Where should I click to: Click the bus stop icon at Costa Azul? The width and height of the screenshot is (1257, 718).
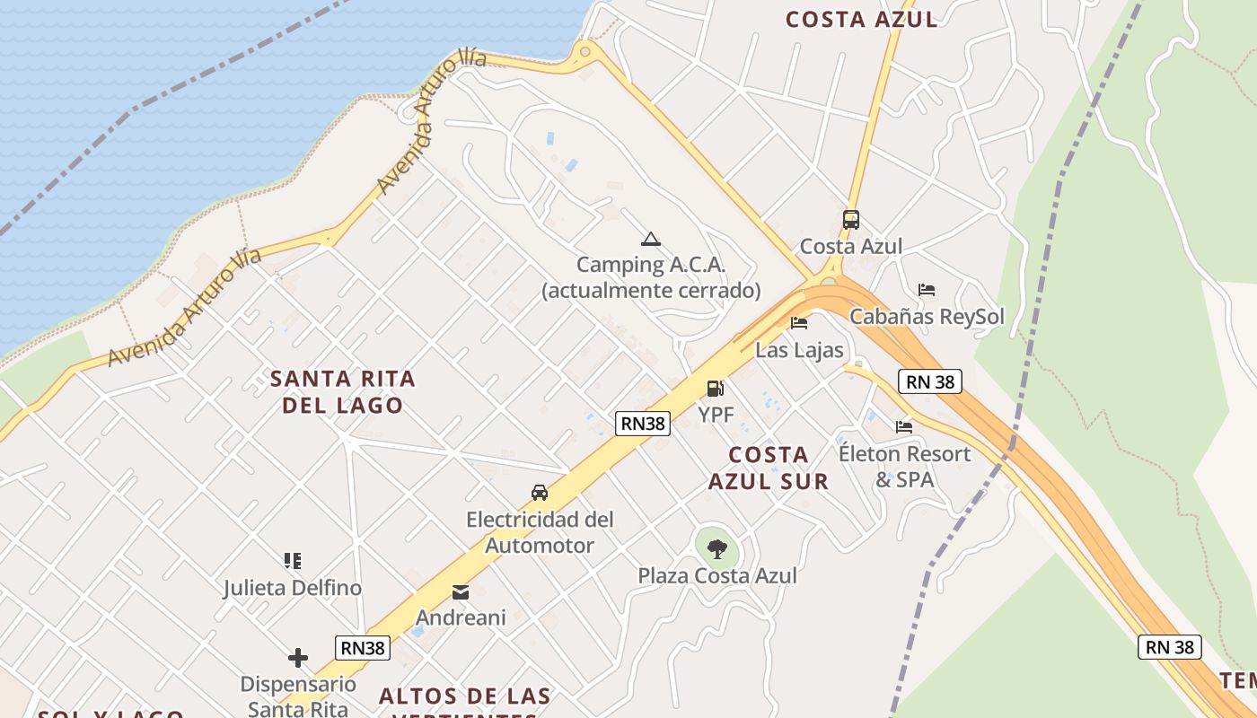point(850,219)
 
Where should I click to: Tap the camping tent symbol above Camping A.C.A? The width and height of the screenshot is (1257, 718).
point(651,239)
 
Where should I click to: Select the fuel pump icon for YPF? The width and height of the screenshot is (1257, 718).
point(716,389)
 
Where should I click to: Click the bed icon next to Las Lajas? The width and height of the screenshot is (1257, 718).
point(799,323)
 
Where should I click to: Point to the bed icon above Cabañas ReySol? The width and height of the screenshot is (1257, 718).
point(927,290)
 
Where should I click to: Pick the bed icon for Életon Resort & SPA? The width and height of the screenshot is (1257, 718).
point(904,427)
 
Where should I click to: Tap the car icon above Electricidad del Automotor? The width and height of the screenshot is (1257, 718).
point(540,493)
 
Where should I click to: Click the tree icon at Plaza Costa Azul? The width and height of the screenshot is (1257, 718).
point(716,548)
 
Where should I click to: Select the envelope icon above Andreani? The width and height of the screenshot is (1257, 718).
point(461,592)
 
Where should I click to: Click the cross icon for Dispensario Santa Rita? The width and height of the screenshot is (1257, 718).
point(298,659)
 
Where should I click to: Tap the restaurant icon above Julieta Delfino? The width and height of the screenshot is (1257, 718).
point(293,561)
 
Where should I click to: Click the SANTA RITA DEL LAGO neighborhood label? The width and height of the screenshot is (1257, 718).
point(343,392)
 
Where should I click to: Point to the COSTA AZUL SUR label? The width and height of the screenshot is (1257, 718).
point(769,468)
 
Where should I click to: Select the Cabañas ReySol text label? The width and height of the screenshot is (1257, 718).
point(927,317)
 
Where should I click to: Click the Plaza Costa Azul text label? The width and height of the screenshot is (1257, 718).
point(717,575)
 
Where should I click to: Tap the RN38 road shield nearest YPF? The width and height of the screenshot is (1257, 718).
point(643,424)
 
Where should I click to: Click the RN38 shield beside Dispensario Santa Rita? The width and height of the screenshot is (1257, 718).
point(364,648)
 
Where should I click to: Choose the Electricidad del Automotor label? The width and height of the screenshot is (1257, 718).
point(540,532)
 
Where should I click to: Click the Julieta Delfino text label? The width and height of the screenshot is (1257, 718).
point(293,588)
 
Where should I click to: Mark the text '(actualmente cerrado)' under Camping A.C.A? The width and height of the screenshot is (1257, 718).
point(651,291)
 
